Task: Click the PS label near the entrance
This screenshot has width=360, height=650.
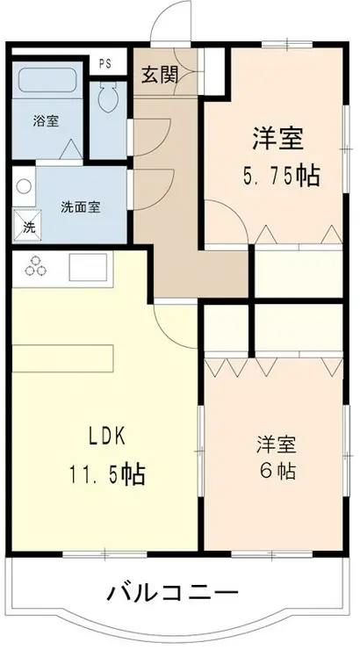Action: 105,63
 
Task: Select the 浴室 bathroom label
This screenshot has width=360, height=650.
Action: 46,121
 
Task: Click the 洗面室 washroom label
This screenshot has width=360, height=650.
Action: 80,207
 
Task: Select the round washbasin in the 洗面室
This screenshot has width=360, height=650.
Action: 24,187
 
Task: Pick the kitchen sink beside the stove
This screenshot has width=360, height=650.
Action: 88,265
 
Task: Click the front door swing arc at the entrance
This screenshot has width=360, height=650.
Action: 170,19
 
